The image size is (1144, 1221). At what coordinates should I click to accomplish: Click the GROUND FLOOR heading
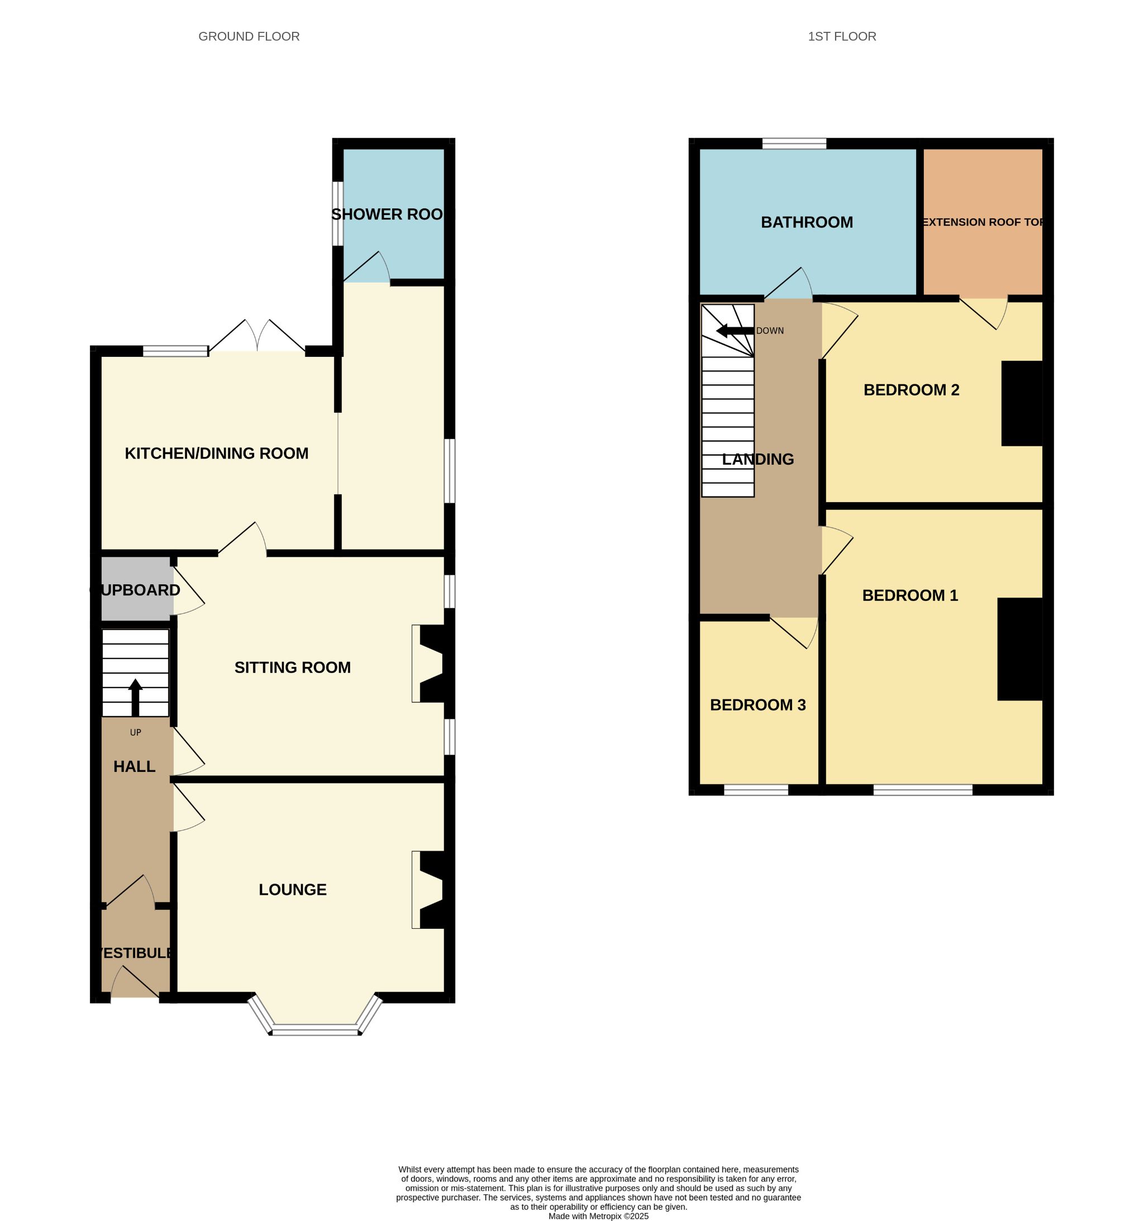[249, 36]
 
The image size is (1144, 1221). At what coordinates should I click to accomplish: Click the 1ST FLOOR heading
[842, 36]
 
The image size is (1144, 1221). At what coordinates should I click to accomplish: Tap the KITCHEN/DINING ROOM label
[216, 454]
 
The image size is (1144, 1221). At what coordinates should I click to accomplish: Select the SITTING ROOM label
[293, 667]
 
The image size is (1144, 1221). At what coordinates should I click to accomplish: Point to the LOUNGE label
[293, 889]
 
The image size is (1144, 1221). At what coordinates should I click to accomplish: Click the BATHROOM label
[807, 222]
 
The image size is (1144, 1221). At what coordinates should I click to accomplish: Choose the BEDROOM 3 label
[757, 705]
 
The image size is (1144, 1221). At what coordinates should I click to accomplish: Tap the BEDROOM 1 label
[910, 595]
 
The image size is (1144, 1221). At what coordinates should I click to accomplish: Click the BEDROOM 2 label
[911, 390]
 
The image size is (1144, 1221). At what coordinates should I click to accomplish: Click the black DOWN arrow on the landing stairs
[735, 331]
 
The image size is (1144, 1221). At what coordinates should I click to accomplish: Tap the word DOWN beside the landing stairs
[770, 331]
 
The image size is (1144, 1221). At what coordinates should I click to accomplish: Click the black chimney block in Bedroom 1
[1020, 648]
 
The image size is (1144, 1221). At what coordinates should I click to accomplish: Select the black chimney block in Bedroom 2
[1022, 403]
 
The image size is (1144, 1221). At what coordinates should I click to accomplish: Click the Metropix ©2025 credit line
[598, 1215]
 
